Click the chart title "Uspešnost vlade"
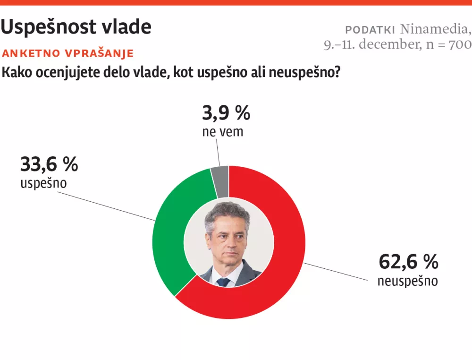tap(76, 27)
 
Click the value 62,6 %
tap(408, 261)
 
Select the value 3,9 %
tap(226, 113)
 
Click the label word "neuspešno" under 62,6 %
tap(407, 281)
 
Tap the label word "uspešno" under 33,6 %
tap(43, 183)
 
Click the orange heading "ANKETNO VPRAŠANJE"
tap(68, 53)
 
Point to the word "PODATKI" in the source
tap(370, 30)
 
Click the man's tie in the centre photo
tap(223, 282)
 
